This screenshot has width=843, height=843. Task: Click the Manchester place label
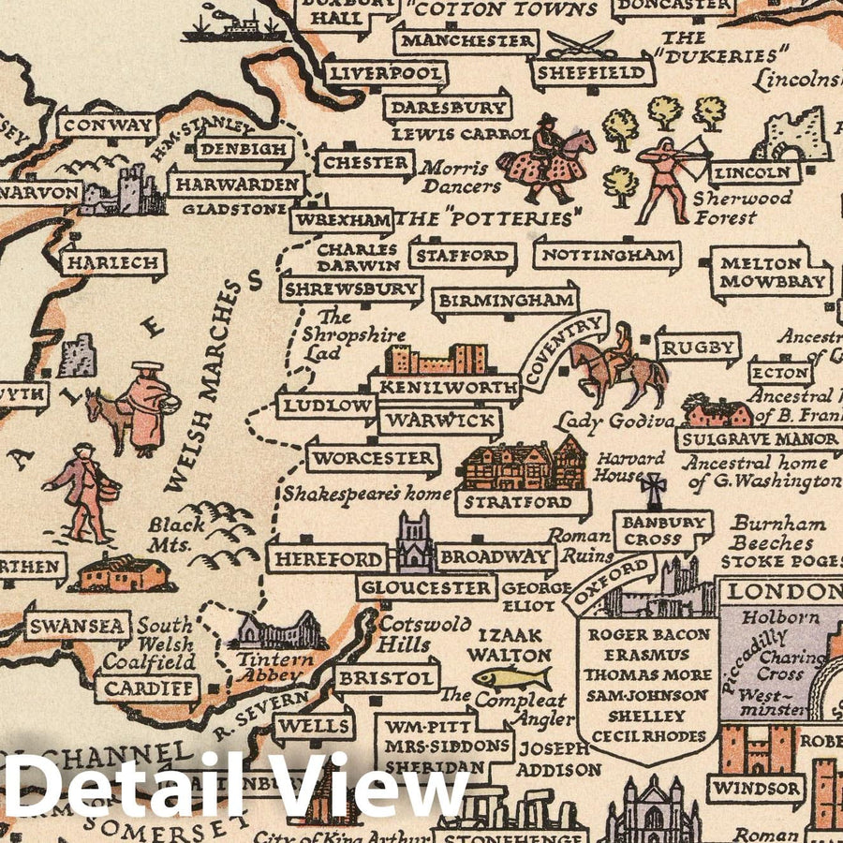(466, 41)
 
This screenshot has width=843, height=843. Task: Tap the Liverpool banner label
(386, 73)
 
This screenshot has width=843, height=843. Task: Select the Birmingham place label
(505, 302)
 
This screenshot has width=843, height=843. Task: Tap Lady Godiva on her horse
(618, 365)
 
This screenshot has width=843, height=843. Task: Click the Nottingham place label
(607, 255)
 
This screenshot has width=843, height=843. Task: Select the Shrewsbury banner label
(351, 289)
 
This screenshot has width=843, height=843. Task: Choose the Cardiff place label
(148, 689)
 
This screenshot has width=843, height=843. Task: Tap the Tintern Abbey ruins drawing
(279, 633)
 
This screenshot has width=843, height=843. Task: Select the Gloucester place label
(426, 588)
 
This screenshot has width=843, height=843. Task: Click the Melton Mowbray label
(773, 273)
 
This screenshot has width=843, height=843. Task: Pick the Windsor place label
(755, 788)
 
